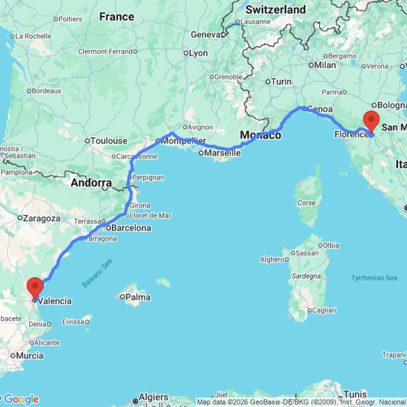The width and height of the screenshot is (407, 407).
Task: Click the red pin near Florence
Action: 371,120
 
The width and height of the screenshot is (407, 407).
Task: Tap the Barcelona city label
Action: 131,228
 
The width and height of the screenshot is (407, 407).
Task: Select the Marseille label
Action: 222,153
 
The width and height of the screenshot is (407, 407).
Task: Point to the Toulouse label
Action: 109,141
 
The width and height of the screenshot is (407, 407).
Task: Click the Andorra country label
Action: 91,183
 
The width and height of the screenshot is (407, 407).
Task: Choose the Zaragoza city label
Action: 42,218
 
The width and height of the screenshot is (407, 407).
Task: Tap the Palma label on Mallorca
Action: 138,297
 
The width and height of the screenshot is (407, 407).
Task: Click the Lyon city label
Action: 198,53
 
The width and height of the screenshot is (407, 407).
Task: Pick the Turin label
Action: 281,81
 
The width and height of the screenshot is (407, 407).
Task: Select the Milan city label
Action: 325,65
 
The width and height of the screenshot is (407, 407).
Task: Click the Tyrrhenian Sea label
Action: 374,278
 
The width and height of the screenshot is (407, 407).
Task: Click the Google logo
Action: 21,399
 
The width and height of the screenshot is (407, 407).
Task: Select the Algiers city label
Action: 153,397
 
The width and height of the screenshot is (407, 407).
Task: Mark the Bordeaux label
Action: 46,91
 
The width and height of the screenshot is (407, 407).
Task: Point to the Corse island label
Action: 306,203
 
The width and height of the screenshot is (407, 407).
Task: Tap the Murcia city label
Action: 30,356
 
